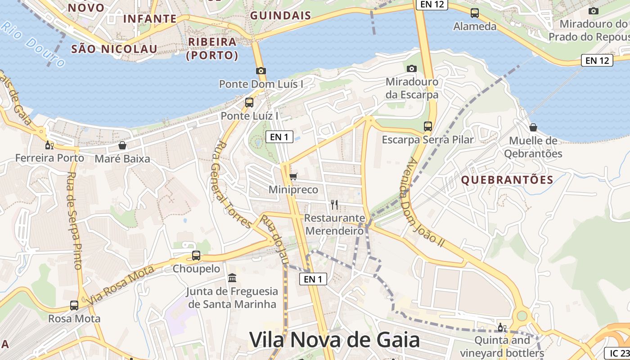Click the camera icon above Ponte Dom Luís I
pos(261,71)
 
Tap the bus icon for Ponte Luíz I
pos(249,102)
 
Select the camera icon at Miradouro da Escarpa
pos(411,68)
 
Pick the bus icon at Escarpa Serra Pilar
pos(427,126)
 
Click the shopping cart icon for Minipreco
pos(293,176)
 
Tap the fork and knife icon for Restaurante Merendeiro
pos(334,205)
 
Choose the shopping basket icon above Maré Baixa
pos(122,145)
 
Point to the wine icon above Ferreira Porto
pos(49,145)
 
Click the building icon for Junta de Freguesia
pos(232,278)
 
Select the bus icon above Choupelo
pos(196,256)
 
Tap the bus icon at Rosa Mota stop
pos(74,306)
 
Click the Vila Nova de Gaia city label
pos(334,340)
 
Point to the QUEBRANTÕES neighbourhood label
pos(507,180)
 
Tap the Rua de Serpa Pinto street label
pos(74,220)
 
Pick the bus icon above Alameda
pos(474,13)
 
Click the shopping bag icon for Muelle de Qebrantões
pos(533,127)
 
